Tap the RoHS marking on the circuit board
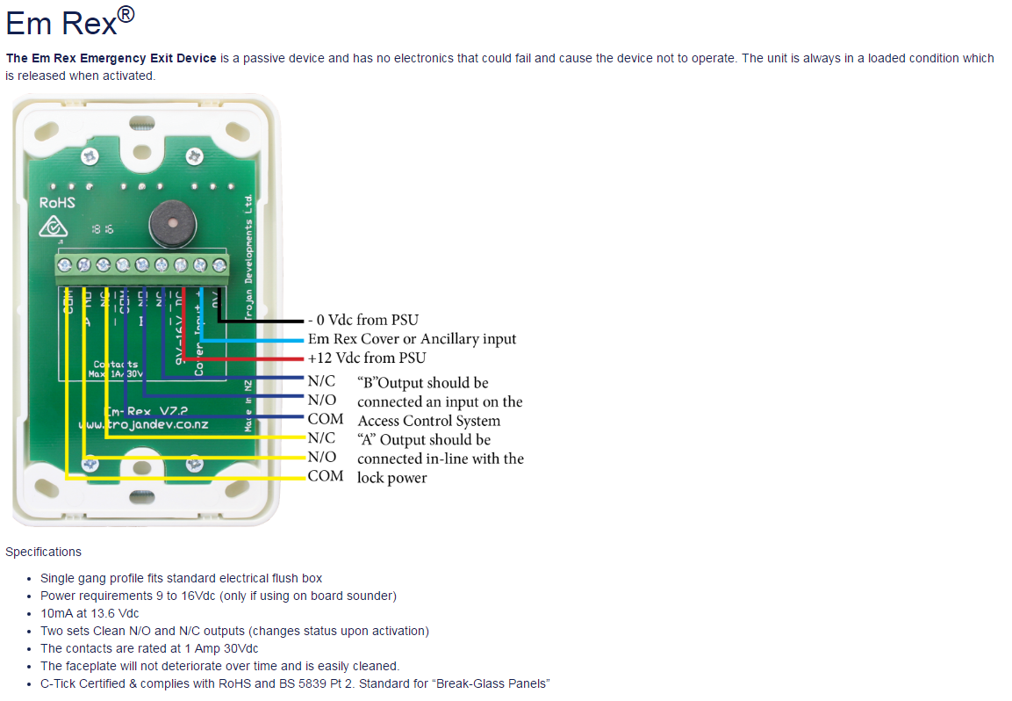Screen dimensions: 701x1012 pyautogui.click(x=57, y=203)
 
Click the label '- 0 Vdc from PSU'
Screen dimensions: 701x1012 pyautogui.click(x=362, y=320)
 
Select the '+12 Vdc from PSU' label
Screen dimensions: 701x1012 pyautogui.click(x=366, y=358)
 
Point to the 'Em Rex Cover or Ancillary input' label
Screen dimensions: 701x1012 pyautogui.click(x=412, y=339)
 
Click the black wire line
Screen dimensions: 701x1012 pyautogui.click(x=263, y=321)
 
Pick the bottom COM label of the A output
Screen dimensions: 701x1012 pyautogui.click(x=325, y=476)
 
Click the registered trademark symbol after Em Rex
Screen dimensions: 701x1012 pyautogui.click(x=126, y=14)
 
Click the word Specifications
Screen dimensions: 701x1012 pyautogui.click(x=43, y=552)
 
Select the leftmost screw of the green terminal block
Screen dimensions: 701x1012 pyautogui.click(x=64, y=264)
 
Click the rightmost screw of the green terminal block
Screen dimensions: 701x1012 pyautogui.click(x=219, y=264)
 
